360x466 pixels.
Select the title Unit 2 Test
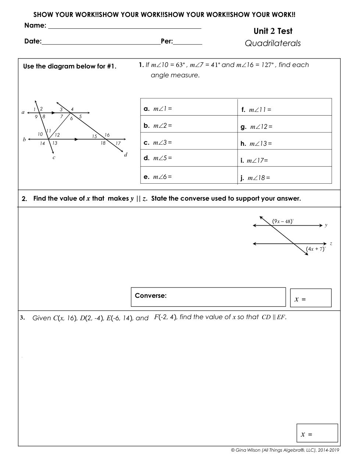[x=273, y=31]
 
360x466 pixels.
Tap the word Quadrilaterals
[x=273, y=43]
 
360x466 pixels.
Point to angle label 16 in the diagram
[x=107, y=135]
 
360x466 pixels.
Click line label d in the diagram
[x=125, y=155]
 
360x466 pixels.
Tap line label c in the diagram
[x=54, y=158]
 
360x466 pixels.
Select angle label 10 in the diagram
[x=40, y=134]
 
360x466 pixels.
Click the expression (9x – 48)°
[x=283, y=221]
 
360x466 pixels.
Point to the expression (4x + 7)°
[x=316, y=249]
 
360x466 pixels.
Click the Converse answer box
[x=208, y=297]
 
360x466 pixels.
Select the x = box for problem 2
[x=311, y=298]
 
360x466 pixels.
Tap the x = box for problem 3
[x=317, y=433]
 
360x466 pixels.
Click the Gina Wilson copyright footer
[x=285, y=450]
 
